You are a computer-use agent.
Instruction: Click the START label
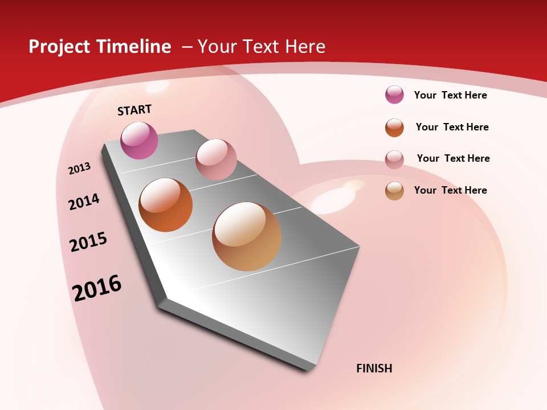click(134, 110)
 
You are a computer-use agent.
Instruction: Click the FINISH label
click(374, 368)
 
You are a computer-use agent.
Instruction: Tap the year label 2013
click(79, 169)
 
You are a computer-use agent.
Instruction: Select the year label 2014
click(84, 202)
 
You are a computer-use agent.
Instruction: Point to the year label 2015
click(88, 242)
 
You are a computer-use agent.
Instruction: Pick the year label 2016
click(97, 288)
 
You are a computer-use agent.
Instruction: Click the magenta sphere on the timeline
click(140, 140)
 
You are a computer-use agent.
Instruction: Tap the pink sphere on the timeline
click(216, 159)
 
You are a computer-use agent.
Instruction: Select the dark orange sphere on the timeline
click(166, 205)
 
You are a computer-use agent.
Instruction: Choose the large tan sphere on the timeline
click(247, 236)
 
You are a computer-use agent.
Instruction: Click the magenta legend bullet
click(394, 95)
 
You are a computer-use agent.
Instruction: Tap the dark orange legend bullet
click(394, 128)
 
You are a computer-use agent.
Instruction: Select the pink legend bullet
click(394, 159)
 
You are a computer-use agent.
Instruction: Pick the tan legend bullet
click(394, 191)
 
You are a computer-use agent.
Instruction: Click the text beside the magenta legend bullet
click(450, 95)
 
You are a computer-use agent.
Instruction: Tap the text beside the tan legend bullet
click(450, 190)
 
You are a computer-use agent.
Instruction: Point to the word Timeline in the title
click(133, 47)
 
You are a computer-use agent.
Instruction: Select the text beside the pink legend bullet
click(453, 158)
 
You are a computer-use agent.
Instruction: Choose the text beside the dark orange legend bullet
click(452, 127)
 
